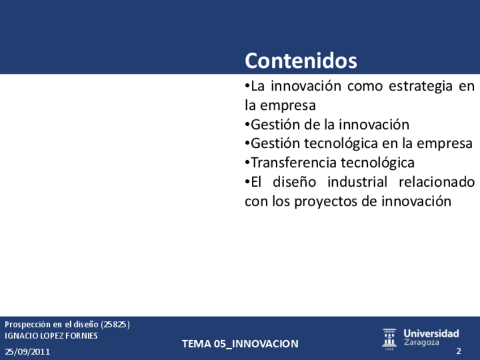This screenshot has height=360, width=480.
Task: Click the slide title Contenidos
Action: click(301, 61)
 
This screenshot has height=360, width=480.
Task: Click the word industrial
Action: click(357, 182)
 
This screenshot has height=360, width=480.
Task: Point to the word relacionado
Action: click(437, 182)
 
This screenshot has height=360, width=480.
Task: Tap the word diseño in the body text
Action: click(294, 182)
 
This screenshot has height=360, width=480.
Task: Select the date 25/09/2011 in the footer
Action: click(27, 352)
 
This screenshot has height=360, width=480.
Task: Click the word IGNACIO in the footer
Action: click(17, 336)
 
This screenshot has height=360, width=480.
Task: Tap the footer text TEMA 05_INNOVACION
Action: click(240, 344)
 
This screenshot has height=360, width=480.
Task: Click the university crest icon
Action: click(389, 339)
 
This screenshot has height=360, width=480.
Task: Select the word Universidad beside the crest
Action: click(431, 333)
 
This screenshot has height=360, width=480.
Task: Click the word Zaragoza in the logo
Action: click(421, 342)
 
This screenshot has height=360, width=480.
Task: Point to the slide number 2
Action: click(458, 351)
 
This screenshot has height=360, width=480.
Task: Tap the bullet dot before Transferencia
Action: click(247, 162)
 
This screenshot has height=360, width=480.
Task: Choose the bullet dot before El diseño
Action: click(247, 182)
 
